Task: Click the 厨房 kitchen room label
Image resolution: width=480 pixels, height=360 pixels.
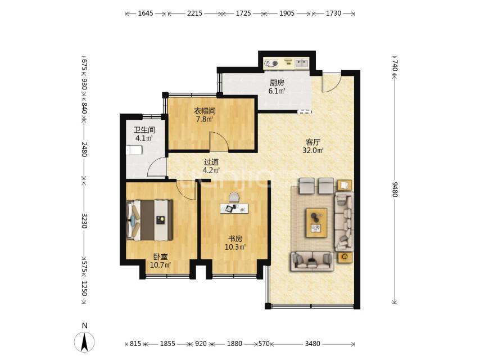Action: tap(277, 82)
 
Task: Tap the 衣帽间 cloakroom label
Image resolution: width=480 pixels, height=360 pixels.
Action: tap(205, 111)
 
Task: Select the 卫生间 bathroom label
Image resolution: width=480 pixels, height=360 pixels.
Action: tap(144, 129)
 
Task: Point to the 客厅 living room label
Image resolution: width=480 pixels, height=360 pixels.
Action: tap(314, 142)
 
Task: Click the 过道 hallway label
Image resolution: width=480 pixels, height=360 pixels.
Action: tap(211, 162)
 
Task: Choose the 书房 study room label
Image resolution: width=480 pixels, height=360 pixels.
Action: tap(236, 237)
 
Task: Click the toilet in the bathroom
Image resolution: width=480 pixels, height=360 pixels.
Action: tap(134, 150)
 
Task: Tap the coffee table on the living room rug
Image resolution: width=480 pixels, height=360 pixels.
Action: tap(316, 221)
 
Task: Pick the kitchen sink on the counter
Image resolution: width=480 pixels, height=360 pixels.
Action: tap(301, 63)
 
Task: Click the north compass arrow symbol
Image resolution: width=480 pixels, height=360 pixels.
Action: tap(84, 341)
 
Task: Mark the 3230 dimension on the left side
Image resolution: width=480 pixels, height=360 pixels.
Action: tap(84, 219)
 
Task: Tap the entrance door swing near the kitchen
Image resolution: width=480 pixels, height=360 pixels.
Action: tap(330, 83)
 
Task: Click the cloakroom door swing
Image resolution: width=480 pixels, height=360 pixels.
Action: tap(218, 141)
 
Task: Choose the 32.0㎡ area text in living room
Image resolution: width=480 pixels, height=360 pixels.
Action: tap(314, 151)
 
